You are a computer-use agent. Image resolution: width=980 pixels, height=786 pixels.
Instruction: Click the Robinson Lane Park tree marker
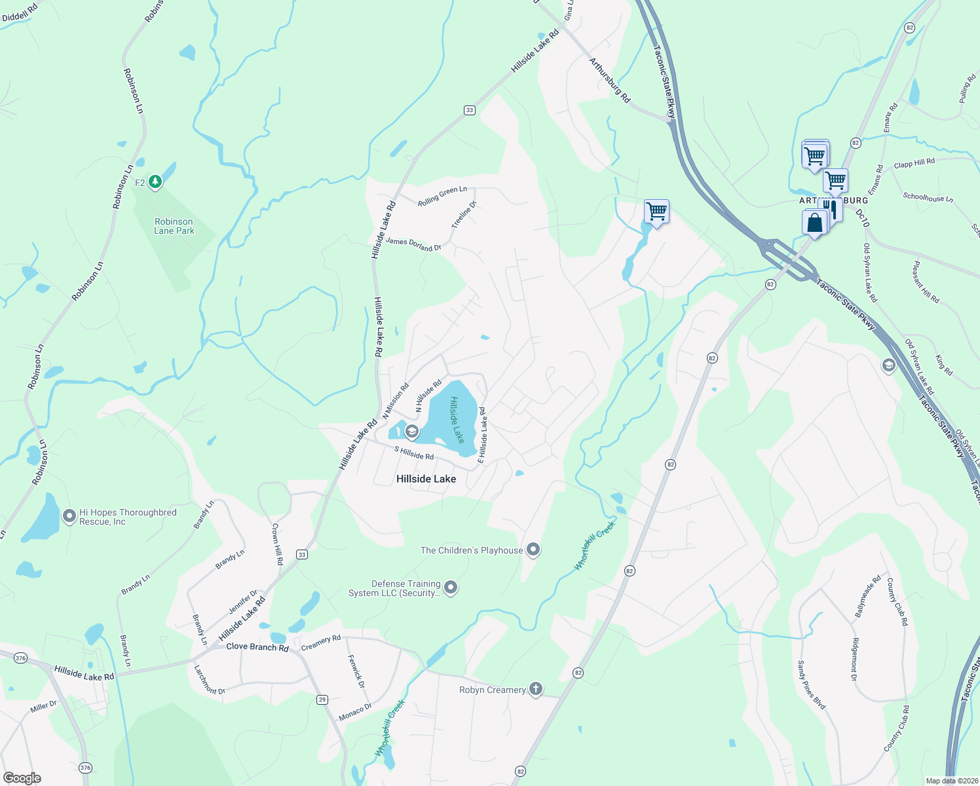(x=155, y=181)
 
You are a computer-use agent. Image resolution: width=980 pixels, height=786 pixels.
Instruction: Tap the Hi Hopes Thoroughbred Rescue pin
(x=69, y=516)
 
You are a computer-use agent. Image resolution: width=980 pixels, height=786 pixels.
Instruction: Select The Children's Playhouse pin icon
(x=533, y=550)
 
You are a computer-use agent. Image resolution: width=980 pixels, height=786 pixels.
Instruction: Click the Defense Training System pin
(x=451, y=588)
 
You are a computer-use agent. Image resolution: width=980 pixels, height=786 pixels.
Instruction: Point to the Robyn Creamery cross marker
(x=536, y=689)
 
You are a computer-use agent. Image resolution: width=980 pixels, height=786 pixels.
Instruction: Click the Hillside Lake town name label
(x=426, y=479)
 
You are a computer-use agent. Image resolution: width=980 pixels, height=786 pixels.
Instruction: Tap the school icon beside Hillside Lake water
(x=412, y=431)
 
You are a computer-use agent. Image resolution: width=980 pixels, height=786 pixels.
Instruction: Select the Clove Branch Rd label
(x=257, y=646)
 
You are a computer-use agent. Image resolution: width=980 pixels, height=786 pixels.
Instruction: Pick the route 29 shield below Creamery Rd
(x=322, y=700)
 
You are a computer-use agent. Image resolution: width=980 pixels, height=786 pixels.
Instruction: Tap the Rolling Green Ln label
(x=443, y=196)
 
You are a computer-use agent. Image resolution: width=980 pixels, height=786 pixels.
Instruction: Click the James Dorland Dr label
(x=413, y=244)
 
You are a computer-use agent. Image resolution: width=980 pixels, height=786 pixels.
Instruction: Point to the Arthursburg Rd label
(x=609, y=81)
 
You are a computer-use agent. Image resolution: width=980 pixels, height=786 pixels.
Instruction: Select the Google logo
(x=22, y=778)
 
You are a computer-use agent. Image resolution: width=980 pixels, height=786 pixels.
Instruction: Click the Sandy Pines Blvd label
(x=812, y=685)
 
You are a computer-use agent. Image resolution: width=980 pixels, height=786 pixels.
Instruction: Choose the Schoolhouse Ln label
(x=928, y=197)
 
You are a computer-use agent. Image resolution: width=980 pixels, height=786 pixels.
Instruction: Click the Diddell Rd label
(x=20, y=12)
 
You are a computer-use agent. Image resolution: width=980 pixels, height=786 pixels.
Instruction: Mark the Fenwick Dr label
(x=356, y=671)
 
